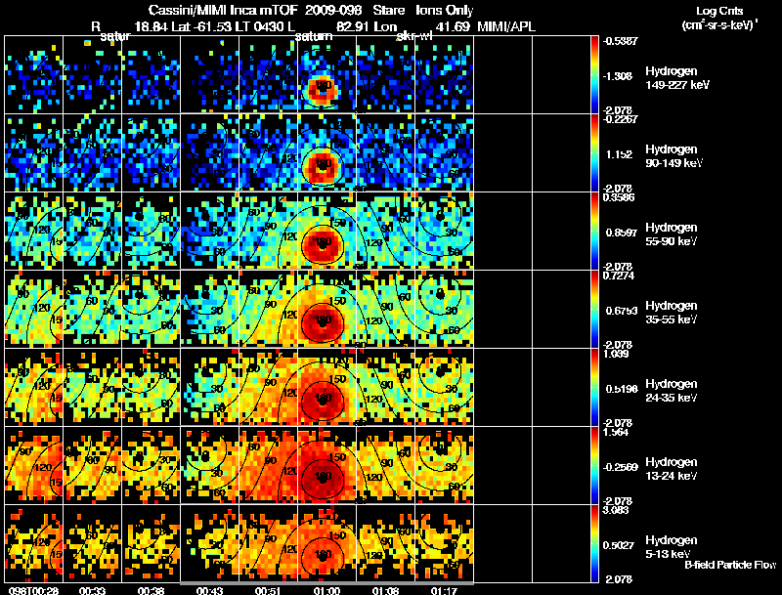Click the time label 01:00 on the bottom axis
point(326,589)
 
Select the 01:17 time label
point(445,589)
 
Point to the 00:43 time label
point(210,589)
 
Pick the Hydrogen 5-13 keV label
point(675,545)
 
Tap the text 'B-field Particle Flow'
point(729,565)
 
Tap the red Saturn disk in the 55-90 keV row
point(322,244)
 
